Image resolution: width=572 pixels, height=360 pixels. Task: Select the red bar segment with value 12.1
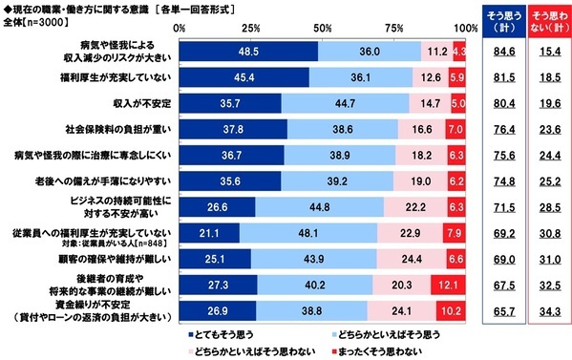click(449, 284)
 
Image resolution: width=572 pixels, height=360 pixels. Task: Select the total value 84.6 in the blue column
click(496, 52)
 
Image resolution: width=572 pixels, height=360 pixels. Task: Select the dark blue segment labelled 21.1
click(209, 232)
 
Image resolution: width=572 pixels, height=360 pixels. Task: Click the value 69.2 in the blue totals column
click(496, 232)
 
